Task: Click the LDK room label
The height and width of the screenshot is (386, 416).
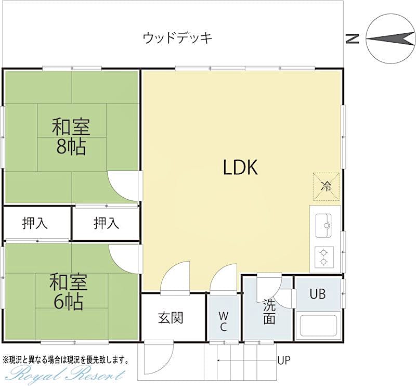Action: pyautogui.click(x=241, y=168)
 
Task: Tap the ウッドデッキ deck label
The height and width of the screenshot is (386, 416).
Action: pyautogui.click(x=178, y=38)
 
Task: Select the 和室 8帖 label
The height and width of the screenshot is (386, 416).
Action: pyautogui.click(x=71, y=137)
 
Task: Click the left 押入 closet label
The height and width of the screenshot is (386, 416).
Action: pyautogui.click(x=35, y=223)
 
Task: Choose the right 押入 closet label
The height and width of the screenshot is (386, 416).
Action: pyautogui.click(x=106, y=223)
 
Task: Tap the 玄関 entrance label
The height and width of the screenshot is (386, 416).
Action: pyautogui.click(x=171, y=317)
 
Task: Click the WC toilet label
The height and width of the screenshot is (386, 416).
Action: pyautogui.click(x=223, y=321)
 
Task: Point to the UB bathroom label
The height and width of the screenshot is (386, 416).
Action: pyautogui.click(x=318, y=294)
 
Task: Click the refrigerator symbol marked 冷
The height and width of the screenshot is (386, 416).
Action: pyautogui.click(x=326, y=186)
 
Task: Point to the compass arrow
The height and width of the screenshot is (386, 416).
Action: pyautogui.click(x=390, y=37)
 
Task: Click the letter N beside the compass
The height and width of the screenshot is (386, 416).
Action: pyautogui.click(x=353, y=38)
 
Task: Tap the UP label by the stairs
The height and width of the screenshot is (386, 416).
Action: pyautogui.click(x=284, y=360)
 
